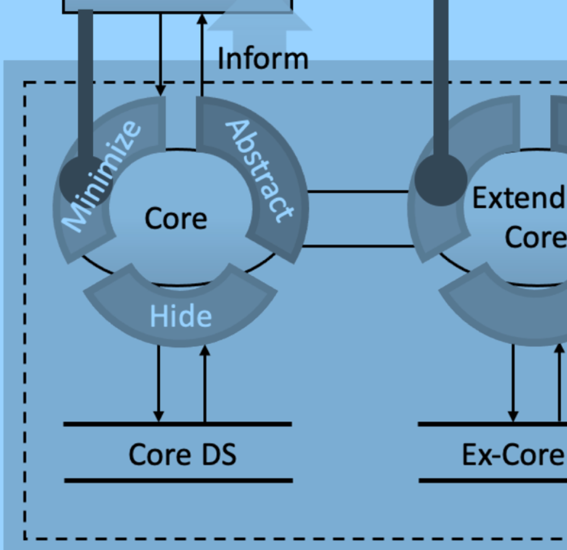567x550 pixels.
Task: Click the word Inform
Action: [x=263, y=59]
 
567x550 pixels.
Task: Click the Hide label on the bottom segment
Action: [x=181, y=316]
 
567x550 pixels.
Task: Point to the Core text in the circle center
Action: [x=176, y=218]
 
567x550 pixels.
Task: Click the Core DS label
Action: [x=182, y=455]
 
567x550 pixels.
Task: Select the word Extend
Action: [x=519, y=198]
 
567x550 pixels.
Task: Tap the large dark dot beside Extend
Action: [x=440, y=180]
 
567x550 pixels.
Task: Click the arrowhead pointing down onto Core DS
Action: [x=158, y=416]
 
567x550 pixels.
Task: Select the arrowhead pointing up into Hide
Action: [x=205, y=351]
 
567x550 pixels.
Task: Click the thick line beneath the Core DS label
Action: [x=178, y=481]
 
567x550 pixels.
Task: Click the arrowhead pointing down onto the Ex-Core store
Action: [x=513, y=416]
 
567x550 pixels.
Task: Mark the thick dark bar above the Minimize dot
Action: [x=86, y=82]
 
